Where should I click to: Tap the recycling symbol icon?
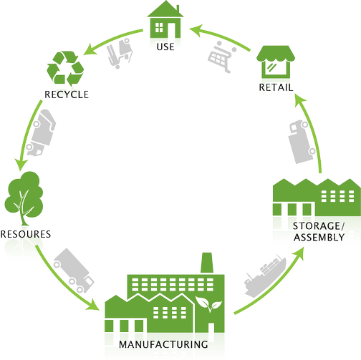point(65,69)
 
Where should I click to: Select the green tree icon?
point(24,198)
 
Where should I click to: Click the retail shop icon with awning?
point(276,62)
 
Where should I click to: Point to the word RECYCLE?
point(67,94)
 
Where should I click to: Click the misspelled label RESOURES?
point(26,234)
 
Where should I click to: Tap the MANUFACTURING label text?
point(163,344)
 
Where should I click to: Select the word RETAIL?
point(276,87)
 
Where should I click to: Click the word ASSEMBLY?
point(319,238)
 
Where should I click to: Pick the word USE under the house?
point(165,47)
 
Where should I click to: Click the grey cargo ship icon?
point(265,276)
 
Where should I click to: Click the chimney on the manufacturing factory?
point(207,263)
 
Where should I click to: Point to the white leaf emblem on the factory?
point(208,303)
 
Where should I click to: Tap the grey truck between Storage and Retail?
point(302,142)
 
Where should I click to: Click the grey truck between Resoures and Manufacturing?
point(74,271)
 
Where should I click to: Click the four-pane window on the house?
point(159,27)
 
